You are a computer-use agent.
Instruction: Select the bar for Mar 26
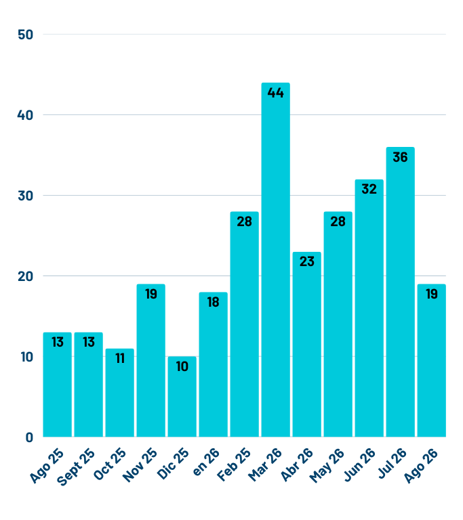pyautogui.click(x=275, y=260)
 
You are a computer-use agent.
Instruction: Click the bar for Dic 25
pyautogui.click(x=182, y=397)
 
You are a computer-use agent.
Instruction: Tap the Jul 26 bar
pyautogui.click(x=400, y=292)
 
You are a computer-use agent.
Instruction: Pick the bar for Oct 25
pyautogui.click(x=119, y=393)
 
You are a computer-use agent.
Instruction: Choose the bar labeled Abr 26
pyautogui.click(x=306, y=344)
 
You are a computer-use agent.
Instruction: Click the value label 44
pyautogui.click(x=276, y=93)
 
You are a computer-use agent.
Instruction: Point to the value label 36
pyautogui.click(x=400, y=157)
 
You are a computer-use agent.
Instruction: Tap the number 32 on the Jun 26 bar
pyautogui.click(x=369, y=189)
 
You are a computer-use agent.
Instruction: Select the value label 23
pyautogui.click(x=307, y=261)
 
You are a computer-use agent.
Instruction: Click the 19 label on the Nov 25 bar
pyautogui.click(x=151, y=294)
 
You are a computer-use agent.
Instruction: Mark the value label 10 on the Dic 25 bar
pyautogui.click(x=182, y=366)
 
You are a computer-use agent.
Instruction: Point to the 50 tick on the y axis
pyautogui.click(x=26, y=35)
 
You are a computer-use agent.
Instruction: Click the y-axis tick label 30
pyautogui.click(x=26, y=196)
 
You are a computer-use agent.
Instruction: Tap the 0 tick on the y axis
pyautogui.click(x=29, y=438)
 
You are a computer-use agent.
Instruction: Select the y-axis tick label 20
pyautogui.click(x=26, y=276)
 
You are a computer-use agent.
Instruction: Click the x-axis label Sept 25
pyautogui.click(x=76, y=467)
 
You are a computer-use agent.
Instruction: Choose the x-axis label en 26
pyautogui.click(x=206, y=462)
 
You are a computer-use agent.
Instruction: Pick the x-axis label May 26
pyautogui.click(x=327, y=465)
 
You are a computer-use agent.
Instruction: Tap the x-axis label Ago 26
pyautogui.click(x=421, y=465)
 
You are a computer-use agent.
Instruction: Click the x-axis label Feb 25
pyautogui.click(x=234, y=464)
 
